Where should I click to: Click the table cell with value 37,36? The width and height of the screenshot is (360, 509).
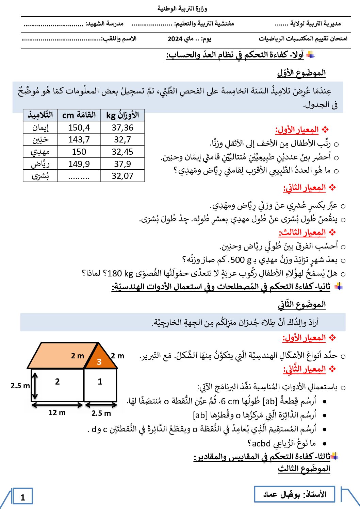pyautogui.click(x=122, y=128)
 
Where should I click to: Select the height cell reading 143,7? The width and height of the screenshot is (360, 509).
pyautogui.click(x=79, y=139)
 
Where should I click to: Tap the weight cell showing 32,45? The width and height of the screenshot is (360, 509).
pyautogui.click(x=122, y=152)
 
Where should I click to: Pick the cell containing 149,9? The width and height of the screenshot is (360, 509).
pyautogui.click(x=79, y=164)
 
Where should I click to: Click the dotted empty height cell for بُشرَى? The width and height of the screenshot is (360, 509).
pyautogui.click(x=79, y=176)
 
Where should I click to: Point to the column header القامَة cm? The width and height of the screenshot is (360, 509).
pyautogui.click(x=79, y=115)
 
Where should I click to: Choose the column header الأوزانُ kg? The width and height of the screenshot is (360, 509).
pyautogui.click(x=122, y=115)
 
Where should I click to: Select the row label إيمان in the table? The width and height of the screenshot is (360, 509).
pyautogui.click(x=40, y=128)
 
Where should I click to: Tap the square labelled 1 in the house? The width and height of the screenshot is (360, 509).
pyautogui.click(x=100, y=384)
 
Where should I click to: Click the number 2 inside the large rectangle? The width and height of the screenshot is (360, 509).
pyautogui.click(x=58, y=382)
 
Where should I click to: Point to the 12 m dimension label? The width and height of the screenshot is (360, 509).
pyautogui.click(x=57, y=412)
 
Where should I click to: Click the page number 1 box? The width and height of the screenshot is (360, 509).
pyautogui.click(x=23, y=497)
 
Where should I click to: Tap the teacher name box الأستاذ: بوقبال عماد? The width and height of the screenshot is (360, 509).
pyautogui.click(x=295, y=494)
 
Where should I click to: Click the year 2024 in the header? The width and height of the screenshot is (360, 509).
pyautogui.click(x=175, y=39)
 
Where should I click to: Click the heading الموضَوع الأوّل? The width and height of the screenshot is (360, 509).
pyautogui.click(x=301, y=73)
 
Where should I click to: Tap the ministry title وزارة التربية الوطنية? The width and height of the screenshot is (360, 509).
pyautogui.click(x=182, y=9)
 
